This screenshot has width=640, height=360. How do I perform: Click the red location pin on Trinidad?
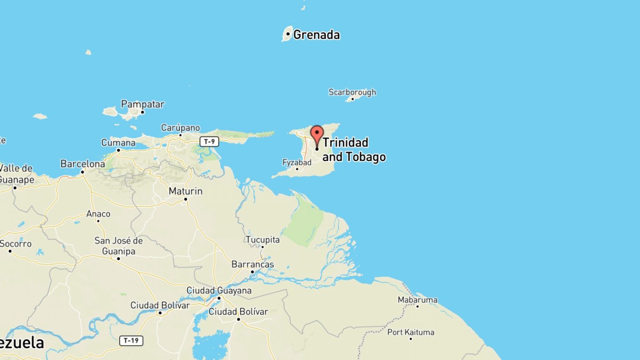tap(317, 134)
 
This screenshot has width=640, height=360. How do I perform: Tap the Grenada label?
tap(316, 35)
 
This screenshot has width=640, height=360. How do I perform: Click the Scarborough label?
tap(352, 92)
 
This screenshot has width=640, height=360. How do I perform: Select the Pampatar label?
tap(142, 104)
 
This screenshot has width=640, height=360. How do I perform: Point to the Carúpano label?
tap(180, 128)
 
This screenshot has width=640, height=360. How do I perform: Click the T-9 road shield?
tap(209, 142)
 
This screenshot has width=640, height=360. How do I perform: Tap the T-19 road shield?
tap(131, 340)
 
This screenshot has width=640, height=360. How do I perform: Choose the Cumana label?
tap(118, 143)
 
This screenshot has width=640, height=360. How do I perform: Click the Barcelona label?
tap(82, 164)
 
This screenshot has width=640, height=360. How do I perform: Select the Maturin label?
tap(185, 191)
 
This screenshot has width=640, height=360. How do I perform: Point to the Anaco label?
tap(98, 214)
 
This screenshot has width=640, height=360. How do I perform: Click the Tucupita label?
tap(262, 240)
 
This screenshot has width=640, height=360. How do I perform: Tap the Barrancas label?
tap(252, 264)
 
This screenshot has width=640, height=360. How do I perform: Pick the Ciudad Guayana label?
tap(219, 290)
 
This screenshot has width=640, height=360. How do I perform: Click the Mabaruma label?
tap(417, 300)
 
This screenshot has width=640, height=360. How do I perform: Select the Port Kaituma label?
tap(410, 332)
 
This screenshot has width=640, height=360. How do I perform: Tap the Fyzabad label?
tap(297, 162)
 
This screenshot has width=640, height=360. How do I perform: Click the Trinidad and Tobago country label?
tap(354, 150)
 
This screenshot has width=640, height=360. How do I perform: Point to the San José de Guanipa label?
tap(118, 246)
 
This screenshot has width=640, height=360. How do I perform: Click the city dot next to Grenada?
tap(288, 34)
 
